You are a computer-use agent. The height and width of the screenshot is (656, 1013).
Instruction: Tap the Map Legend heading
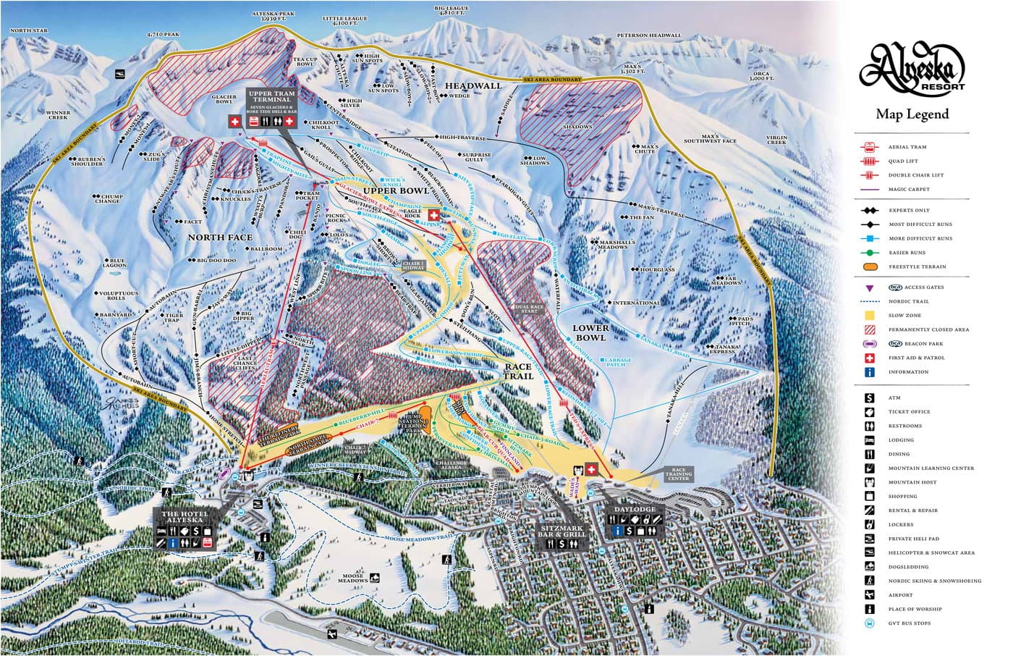(912, 114)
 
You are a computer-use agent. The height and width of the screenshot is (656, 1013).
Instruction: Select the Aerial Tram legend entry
(907, 147)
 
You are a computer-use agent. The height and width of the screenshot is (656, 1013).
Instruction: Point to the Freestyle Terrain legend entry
(917, 266)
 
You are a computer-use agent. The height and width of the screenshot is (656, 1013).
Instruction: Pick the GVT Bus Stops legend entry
(909, 623)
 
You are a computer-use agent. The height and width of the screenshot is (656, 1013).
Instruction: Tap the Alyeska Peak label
(271, 17)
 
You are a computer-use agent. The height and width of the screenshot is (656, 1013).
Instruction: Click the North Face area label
(220, 237)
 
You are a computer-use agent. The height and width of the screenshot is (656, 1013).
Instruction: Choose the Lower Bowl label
(590, 332)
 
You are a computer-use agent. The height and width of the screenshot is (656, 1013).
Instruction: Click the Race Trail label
(519, 371)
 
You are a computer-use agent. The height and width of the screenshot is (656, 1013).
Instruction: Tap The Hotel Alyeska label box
(185, 518)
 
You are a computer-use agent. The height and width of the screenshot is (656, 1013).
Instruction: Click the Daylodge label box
(634, 510)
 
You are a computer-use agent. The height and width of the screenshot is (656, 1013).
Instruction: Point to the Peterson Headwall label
(648, 35)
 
